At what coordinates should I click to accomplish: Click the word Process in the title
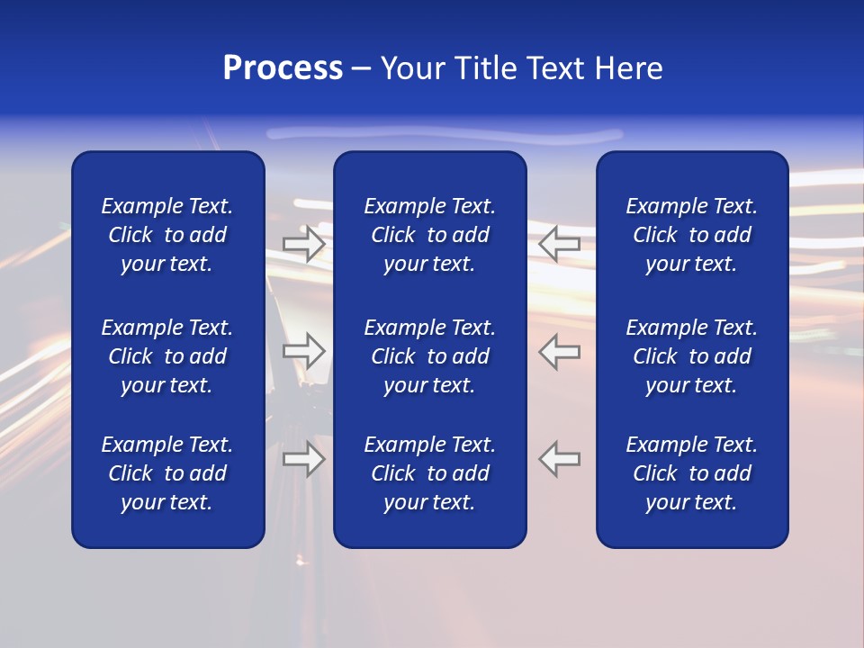coord(283,68)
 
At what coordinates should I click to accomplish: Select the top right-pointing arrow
coord(304,243)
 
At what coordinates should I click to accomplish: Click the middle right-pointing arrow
coord(304,351)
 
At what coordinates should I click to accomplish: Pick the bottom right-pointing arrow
coord(304,459)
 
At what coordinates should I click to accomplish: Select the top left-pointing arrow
coord(560,243)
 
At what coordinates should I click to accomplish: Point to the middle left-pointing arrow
coord(560,351)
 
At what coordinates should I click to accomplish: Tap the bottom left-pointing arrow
coord(560,459)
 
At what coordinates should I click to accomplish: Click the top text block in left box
coord(167,235)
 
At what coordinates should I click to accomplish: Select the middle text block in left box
coord(167,356)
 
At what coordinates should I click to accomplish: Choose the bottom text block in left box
coord(167,473)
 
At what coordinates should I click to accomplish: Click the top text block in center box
coord(430,235)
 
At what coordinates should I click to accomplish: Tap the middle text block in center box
coord(430,356)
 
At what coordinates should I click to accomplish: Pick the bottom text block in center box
coord(430,473)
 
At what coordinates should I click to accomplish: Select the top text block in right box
coord(692,235)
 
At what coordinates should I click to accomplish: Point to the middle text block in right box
coord(692,356)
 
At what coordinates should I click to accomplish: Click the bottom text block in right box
coord(692,473)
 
